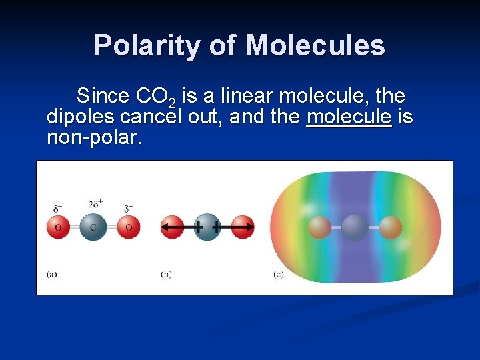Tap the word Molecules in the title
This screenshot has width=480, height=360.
315,45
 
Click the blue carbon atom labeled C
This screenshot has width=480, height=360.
93,227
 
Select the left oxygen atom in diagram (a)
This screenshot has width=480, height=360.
58,227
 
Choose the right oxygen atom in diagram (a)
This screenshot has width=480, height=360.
128,227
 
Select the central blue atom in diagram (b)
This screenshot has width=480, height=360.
207,227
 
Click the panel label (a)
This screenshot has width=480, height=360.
52,274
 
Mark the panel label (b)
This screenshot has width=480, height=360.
166,274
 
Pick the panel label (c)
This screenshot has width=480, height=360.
279,274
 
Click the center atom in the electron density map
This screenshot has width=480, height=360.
355,227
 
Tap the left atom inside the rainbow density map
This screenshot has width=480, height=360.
320,227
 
